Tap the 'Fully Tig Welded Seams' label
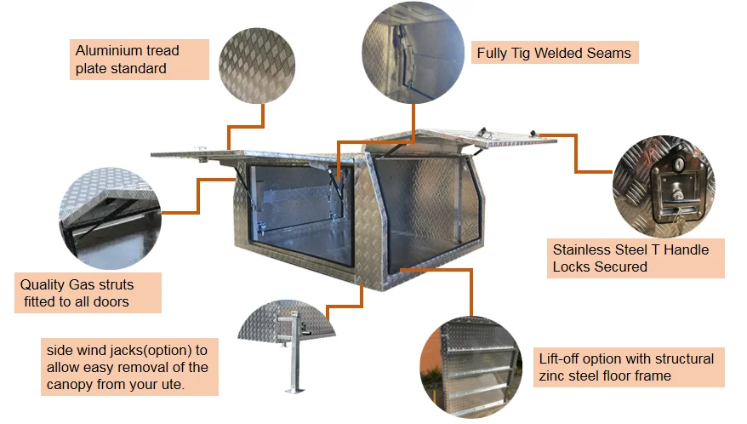554,53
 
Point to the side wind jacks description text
128,367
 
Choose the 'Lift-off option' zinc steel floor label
628,367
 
